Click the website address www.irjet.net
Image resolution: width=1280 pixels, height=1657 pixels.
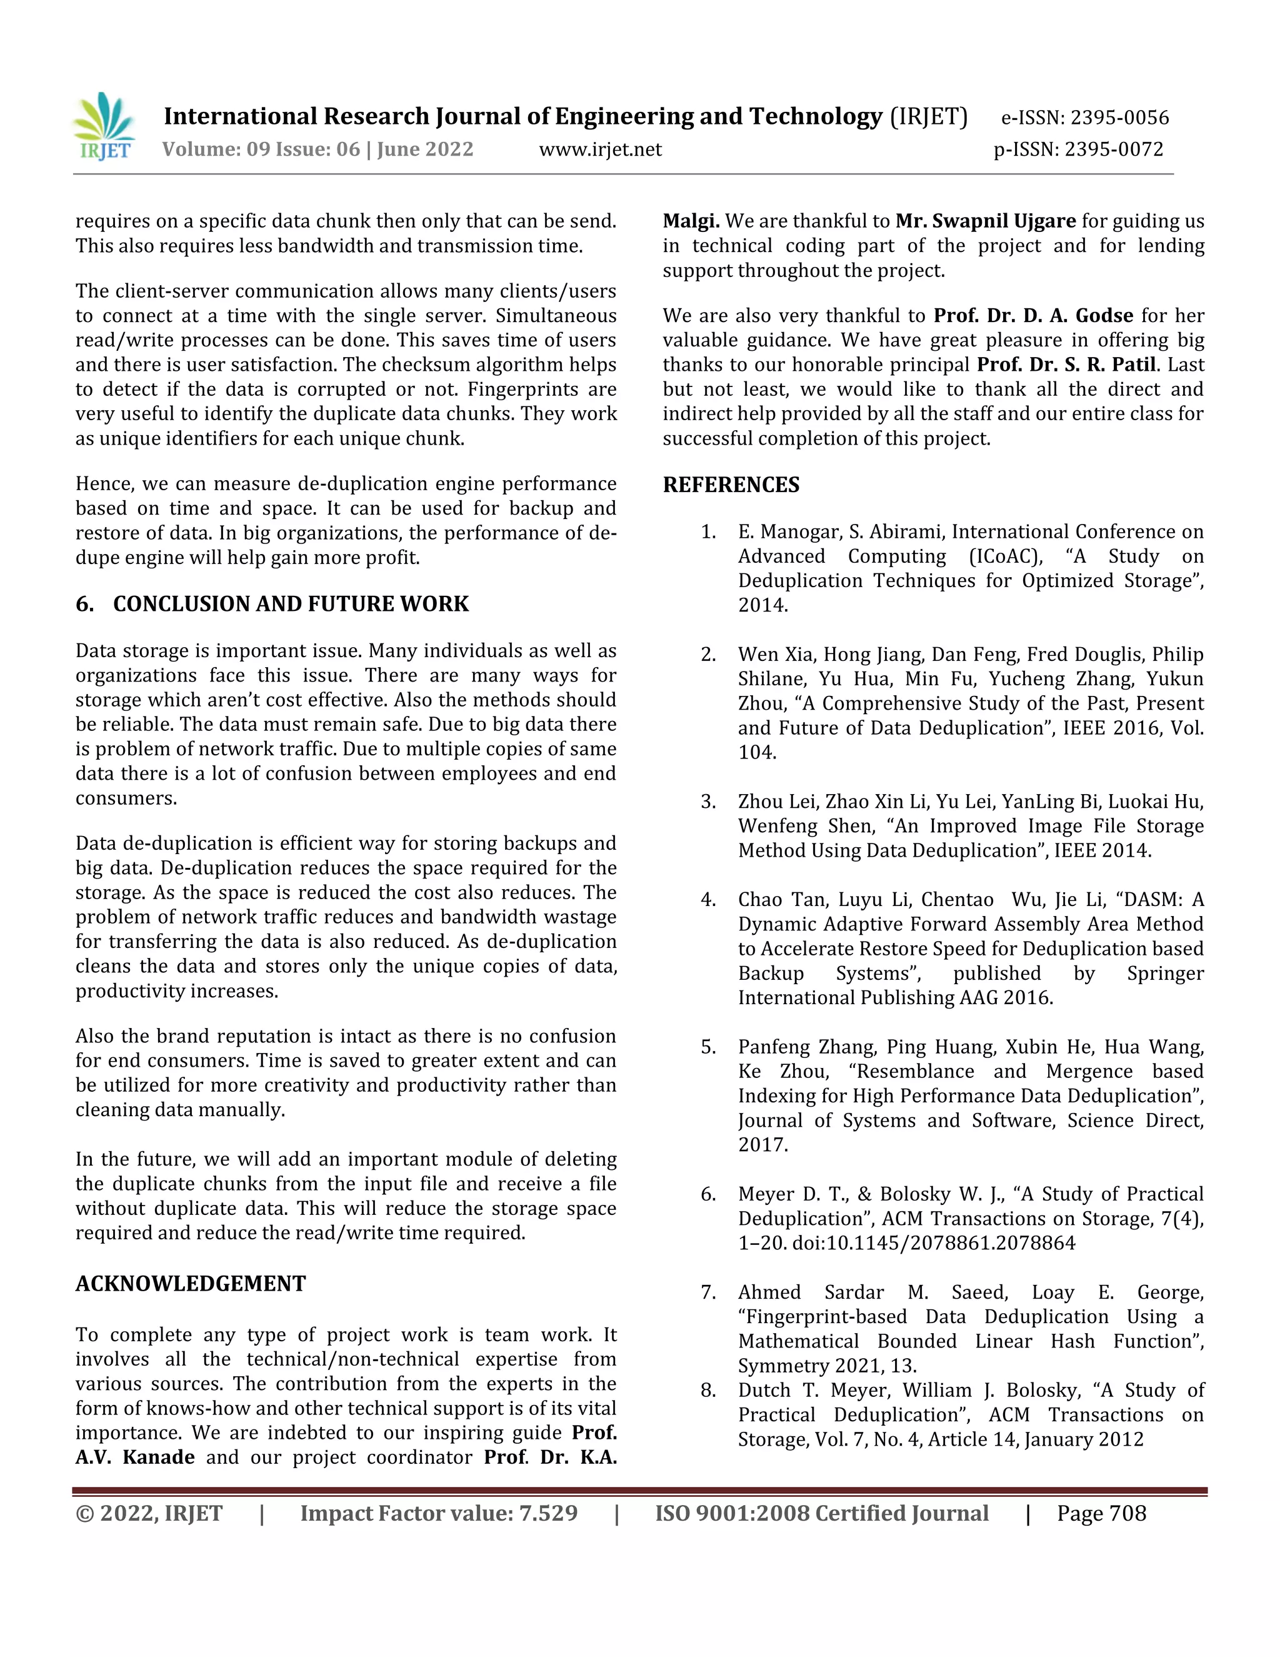600,149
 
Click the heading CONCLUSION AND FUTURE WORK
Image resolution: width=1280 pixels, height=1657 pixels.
291,604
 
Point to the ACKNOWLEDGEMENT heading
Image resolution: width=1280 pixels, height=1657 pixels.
191,1284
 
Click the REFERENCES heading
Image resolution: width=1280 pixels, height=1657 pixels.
731,485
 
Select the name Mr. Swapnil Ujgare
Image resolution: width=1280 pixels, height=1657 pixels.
985,221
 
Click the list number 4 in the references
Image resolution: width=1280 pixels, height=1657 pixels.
708,900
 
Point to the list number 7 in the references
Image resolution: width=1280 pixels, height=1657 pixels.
708,1292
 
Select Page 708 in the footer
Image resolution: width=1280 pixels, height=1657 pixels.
1101,1514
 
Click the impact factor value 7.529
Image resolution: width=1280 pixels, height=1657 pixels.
547,1514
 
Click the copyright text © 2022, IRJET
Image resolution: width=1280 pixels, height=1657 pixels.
149,1514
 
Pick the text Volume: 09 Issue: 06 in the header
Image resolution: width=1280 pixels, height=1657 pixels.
261,149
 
